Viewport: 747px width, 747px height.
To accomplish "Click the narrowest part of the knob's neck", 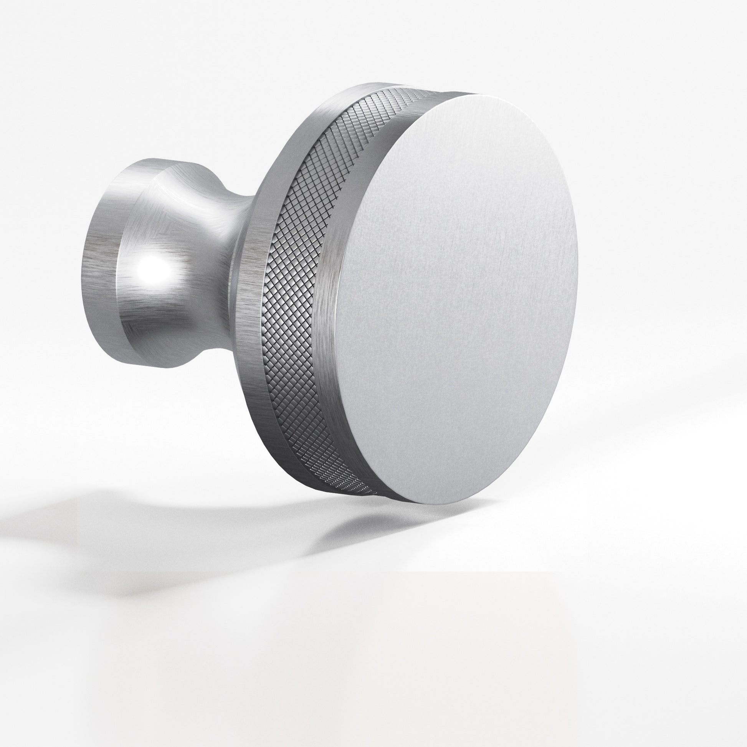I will [228, 248].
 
